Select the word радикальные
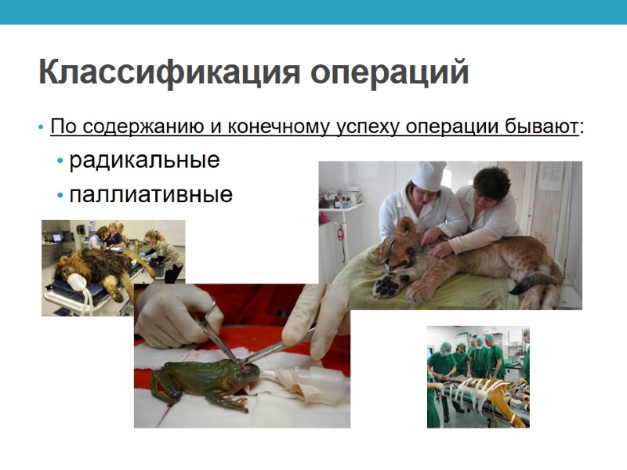pyautogui.click(x=144, y=161)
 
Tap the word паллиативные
pyautogui.click(x=150, y=194)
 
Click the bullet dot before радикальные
pyautogui.click(x=60, y=162)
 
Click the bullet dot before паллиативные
pyautogui.click(x=60, y=196)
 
